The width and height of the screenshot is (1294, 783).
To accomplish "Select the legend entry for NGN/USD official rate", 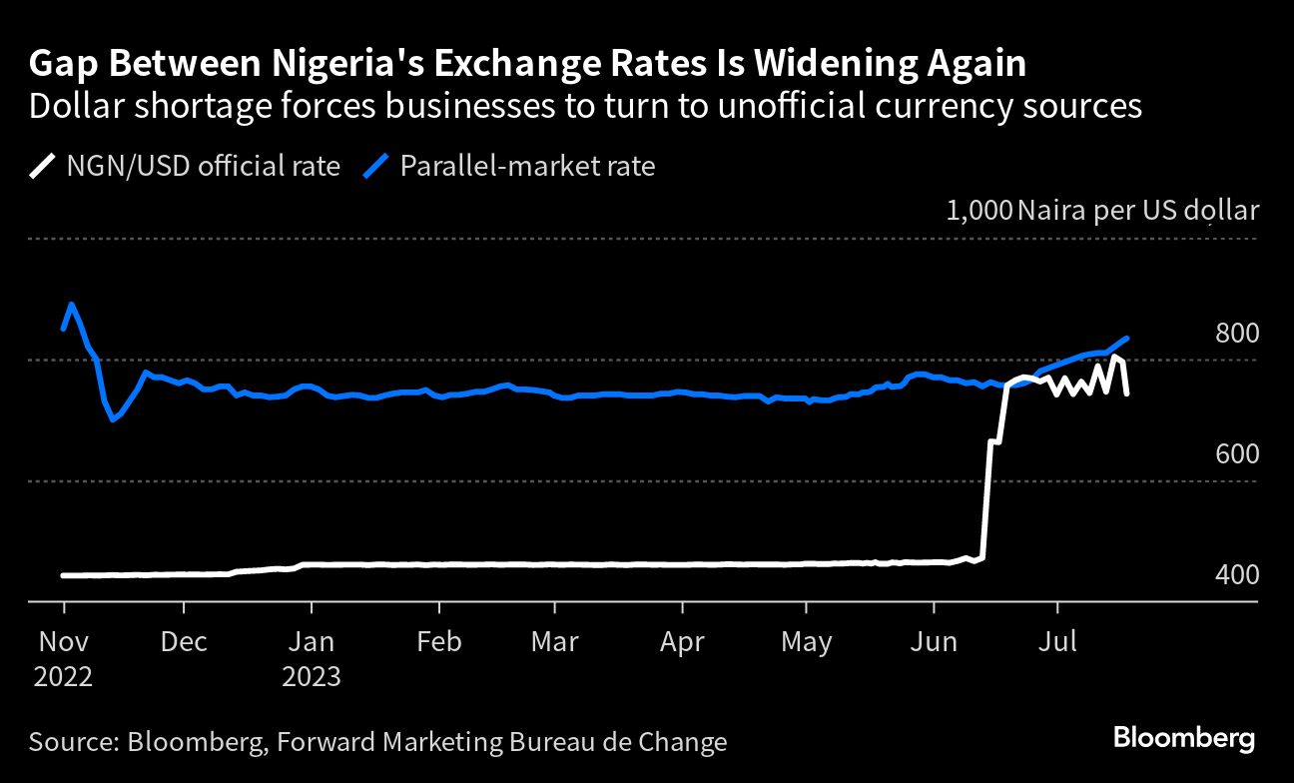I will (x=185, y=166).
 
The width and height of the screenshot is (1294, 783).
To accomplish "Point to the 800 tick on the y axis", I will (x=1236, y=334).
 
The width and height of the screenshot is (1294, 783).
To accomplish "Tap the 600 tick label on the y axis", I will (x=1236, y=454).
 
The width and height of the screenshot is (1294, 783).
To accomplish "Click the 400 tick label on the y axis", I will (x=1236, y=575).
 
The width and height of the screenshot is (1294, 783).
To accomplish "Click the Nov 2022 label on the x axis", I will (x=64, y=658).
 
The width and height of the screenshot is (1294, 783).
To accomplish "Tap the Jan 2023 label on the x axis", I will (x=312, y=658).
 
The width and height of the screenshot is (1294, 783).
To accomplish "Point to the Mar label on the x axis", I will (x=554, y=641).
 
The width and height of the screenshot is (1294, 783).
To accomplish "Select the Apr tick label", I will (x=682, y=641).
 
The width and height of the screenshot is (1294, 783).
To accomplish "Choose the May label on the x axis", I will (x=807, y=641).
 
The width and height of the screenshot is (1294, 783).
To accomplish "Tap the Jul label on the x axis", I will (x=1057, y=641).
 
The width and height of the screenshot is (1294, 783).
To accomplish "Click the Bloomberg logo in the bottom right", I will (x=1184, y=740).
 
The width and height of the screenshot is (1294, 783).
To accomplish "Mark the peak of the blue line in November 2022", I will (x=71, y=304).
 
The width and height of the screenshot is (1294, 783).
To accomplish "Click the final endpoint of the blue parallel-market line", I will (x=1127, y=339).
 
